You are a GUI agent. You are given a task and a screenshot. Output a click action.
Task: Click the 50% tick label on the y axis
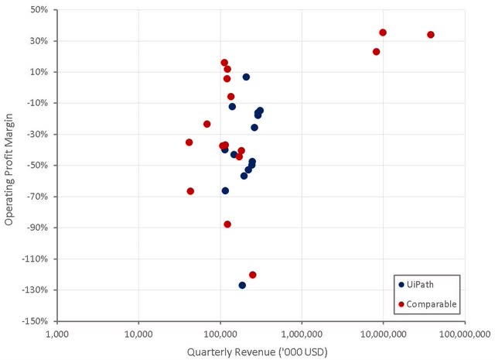pyautogui.click(x=39, y=10)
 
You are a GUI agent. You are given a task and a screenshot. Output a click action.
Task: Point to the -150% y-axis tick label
pyautogui.click(x=35, y=321)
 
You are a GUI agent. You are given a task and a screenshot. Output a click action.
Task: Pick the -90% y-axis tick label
pyautogui.click(x=37, y=228)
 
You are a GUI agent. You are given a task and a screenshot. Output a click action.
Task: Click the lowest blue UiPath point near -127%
pyautogui.click(x=242, y=286)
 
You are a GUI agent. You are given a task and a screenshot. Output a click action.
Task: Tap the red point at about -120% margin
pyautogui.click(x=253, y=275)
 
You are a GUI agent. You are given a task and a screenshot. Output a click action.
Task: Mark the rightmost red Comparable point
pyautogui.click(x=431, y=35)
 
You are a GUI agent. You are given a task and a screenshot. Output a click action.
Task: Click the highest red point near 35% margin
pyautogui.click(x=383, y=33)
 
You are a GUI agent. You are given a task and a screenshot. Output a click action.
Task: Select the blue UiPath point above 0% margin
pyautogui.click(x=246, y=77)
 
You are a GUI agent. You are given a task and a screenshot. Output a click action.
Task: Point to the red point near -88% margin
pyautogui.click(x=227, y=225)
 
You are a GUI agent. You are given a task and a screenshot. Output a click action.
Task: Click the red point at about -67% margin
pyautogui.click(x=190, y=191)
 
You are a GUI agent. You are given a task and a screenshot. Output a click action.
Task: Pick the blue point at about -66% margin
pyautogui.click(x=225, y=190)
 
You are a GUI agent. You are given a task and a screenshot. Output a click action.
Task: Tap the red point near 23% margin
pyautogui.click(x=376, y=52)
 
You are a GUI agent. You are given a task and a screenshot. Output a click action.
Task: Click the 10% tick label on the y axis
pyautogui.click(x=39, y=72)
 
